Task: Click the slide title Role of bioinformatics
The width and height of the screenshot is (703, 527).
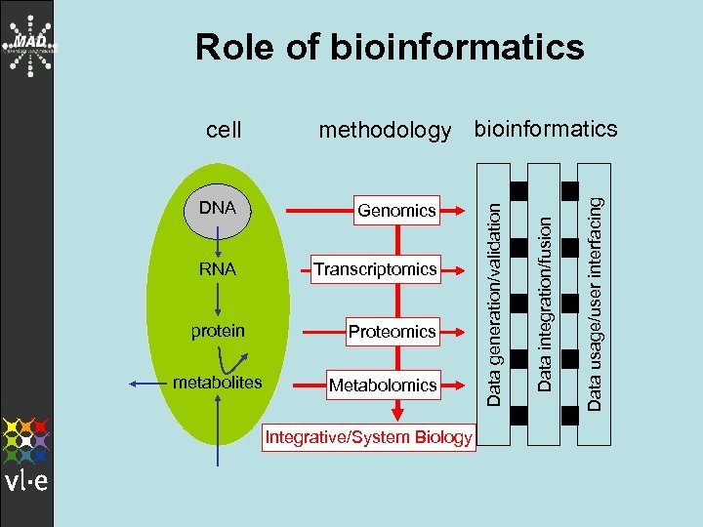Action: [x=390, y=47]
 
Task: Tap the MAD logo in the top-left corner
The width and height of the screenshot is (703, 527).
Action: [x=28, y=45]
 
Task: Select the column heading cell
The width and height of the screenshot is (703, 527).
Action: [x=225, y=129]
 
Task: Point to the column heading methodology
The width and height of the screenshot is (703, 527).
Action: [x=385, y=130]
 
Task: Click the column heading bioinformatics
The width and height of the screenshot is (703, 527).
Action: [x=545, y=128]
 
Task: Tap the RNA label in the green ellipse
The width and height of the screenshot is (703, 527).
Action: [x=218, y=269]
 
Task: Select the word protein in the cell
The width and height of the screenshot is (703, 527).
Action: [x=218, y=331]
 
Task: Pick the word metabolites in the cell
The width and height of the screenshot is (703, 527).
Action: [x=217, y=383]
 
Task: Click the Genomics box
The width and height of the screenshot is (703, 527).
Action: [x=396, y=210]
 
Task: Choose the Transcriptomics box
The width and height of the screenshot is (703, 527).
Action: [x=375, y=269]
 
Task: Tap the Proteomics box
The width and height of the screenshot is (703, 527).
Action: [x=392, y=332]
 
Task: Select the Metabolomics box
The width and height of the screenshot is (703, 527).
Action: [x=382, y=385]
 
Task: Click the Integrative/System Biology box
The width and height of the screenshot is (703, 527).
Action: [x=369, y=436]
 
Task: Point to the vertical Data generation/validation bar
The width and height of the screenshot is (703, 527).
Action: [x=495, y=299]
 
